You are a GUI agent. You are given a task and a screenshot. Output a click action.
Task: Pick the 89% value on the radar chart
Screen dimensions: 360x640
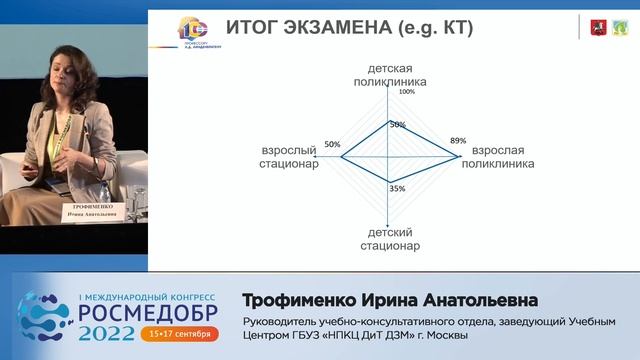point(458,141)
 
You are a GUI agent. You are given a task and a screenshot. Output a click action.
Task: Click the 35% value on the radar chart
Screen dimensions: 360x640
point(397,188)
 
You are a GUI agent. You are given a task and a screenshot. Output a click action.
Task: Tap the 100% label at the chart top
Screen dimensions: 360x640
point(406,92)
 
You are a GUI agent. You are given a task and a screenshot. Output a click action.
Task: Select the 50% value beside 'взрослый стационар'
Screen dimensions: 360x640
point(333,143)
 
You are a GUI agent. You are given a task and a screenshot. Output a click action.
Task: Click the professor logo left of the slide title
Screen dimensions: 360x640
point(191,30)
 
